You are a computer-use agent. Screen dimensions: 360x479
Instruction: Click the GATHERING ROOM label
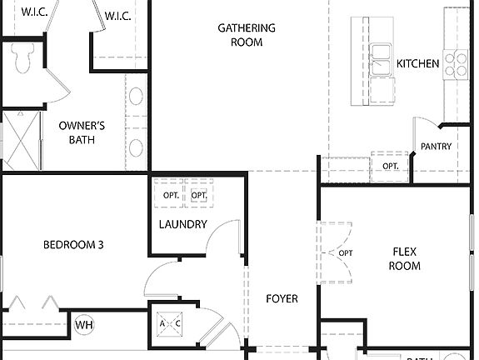[x=247, y=35]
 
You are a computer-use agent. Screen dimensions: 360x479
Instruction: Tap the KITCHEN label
[x=417, y=63]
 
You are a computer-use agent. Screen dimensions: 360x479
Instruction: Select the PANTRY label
[x=436, y=147]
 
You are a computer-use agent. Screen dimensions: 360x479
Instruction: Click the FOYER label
[x=282, y=298]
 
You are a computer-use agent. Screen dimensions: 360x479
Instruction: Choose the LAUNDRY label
[x=182, y=224]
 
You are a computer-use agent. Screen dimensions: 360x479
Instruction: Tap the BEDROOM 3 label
[x=73, y=245]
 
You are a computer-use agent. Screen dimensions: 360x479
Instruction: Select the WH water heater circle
[x=84, y=324]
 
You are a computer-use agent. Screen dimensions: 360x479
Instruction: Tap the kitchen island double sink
[x=382, y=61]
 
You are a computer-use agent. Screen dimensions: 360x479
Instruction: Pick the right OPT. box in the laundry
[x=199, y=195]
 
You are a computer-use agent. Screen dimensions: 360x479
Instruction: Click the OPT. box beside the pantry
[x=391, y=166]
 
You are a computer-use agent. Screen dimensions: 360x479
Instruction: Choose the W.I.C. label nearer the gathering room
[x=117, y=15]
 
